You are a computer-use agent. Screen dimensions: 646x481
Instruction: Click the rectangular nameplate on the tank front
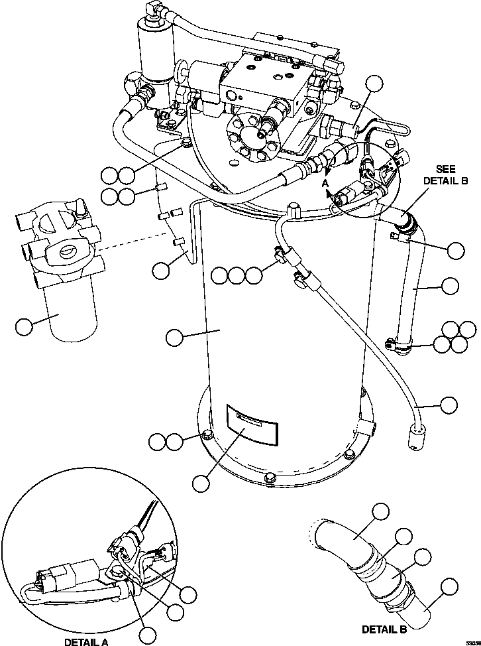(251, 424)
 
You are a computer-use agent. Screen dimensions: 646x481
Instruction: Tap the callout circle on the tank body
(175, 337)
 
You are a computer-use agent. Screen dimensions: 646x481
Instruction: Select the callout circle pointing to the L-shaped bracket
(161, 269)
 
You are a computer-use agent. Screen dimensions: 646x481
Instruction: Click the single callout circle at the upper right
(375, 84)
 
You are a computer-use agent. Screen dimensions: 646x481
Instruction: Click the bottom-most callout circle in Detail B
(449, 586)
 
